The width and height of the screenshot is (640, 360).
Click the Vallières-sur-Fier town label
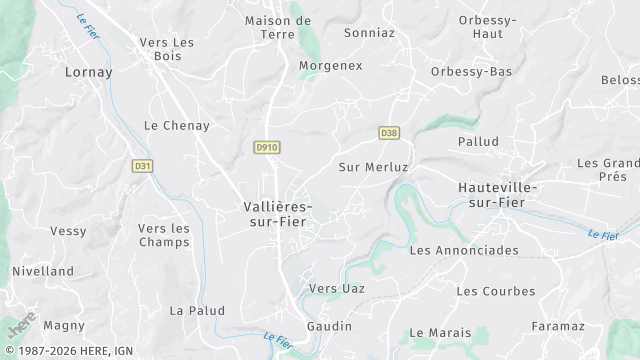click(278, 214)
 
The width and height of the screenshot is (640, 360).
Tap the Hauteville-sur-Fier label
click(498, 194)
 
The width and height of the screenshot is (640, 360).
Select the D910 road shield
click(266, 147)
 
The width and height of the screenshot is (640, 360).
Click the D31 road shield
click(143, 166)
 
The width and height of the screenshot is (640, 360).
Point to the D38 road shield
click(389, 132)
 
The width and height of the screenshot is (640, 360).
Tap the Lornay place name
click(88, 72)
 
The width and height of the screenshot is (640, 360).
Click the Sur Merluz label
click(374, 167)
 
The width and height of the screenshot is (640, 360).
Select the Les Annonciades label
click(464, 250)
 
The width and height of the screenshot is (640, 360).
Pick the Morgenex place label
click(330, 66)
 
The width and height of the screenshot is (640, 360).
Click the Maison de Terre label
click(278, 26)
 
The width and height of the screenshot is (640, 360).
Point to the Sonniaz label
click(369, 33)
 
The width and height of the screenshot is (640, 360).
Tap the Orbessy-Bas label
click(472, 72)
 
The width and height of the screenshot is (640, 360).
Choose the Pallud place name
click(478, 142)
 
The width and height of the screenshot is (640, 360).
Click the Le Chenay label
click(177, 126)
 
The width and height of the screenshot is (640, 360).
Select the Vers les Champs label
click(164, 235)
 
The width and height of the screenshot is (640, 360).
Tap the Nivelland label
click(43, 271)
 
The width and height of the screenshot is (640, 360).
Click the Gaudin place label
click(329, 327)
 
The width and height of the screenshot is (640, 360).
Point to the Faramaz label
click(558, 327)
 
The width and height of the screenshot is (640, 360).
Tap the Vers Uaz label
click(337, 289)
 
